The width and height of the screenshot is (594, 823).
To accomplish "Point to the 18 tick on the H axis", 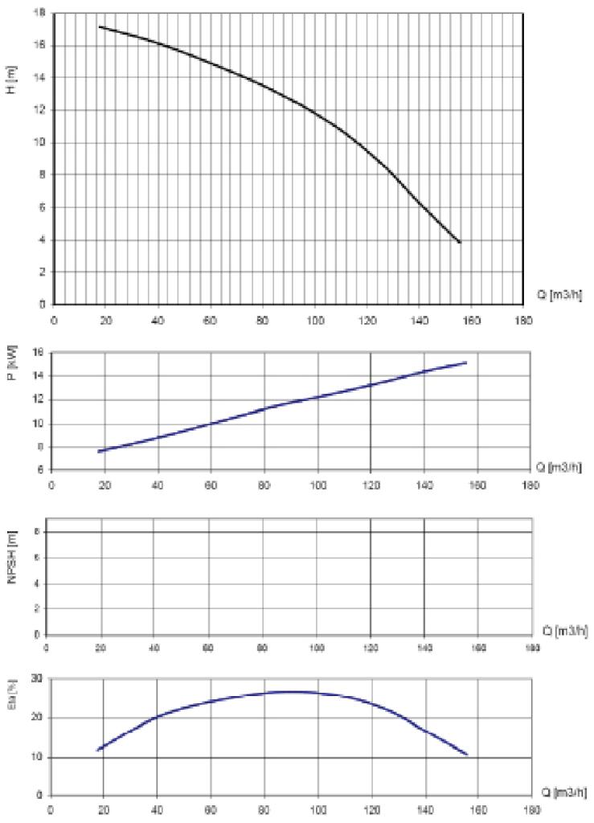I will [x=40, y=14].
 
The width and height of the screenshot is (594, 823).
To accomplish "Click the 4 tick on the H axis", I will [x=43, y=240].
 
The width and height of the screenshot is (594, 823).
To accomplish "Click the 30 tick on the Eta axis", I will [x=36, y=679].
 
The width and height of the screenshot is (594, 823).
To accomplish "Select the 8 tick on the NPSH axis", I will [x=38, y=532].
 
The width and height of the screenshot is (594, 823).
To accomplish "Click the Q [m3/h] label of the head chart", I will [x=555, y=293].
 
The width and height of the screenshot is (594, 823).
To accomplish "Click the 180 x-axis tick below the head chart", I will [x=523, y=319].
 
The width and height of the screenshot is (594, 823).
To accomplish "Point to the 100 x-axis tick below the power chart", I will [x=317, y=485].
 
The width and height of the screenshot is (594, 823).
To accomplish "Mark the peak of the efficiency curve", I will [x=291, y=691].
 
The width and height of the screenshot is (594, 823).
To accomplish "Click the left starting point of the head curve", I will [x=99, y=27].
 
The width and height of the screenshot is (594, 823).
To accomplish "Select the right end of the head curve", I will [x=461, y=242].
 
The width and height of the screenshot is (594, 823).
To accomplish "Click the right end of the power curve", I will [x=466, y=362].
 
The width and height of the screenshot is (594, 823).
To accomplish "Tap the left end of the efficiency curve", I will [x=97, y=750].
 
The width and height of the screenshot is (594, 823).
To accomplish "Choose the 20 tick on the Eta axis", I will [x=36, y=718].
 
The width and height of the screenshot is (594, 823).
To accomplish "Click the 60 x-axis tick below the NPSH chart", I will [x=208, y=648].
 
